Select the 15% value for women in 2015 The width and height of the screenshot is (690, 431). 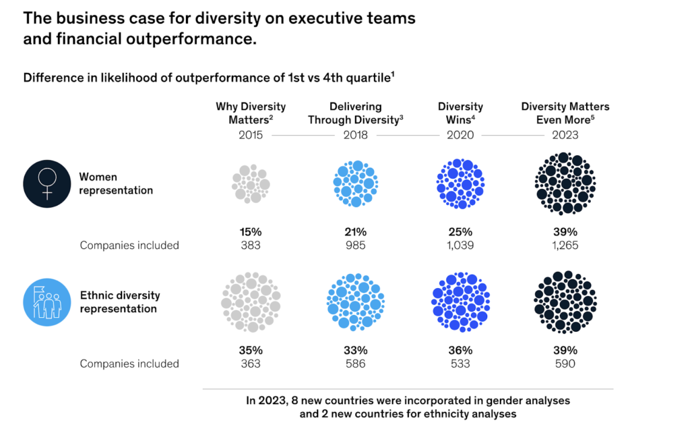pyautogui.click(x=251, y=231)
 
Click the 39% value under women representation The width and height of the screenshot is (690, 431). pyautogui.click(x=565, y=231)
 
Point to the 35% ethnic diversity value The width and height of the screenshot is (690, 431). pyautogui.click(x=251, y=350)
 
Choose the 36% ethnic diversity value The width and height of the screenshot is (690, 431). pyautogui.click(x=460, y=350)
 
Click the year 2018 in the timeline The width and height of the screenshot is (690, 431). pyautogui.click(x=355, y=135)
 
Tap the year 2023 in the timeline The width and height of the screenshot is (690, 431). pyautogui.click(x=565, y=135)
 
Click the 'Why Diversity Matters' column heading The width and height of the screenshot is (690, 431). pyautogui.click(x=251, y=113)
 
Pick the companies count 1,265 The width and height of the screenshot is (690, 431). pyautogui.click(x=565, y=245)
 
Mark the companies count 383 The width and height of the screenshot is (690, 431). pyautogui.click(x=251, y=245)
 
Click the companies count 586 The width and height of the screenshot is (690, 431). pyautogui.click(x=355, y=364)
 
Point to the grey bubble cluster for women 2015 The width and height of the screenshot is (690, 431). pyautogui.click(x=251, y=183)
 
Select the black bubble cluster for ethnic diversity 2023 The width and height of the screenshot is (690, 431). pyautogui.click(x=565, y=302)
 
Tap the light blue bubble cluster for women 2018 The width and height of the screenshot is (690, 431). pyautogui.click(x=355, y=183)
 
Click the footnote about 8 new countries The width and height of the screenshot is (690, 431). pyautogui.click(x=408, y=407)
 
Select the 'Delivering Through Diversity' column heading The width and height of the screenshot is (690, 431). pyautogui.click(x=355, y=113)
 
